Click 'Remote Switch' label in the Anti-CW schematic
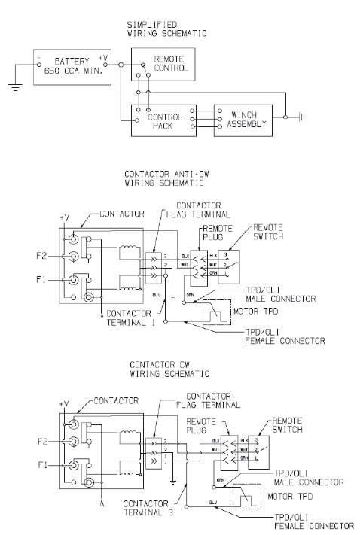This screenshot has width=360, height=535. pos(271,230)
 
